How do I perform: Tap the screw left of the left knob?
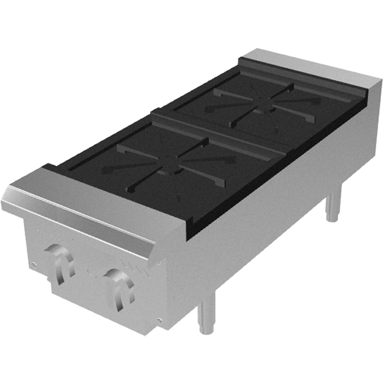click(34, 264)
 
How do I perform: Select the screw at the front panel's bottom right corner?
click(159, 320)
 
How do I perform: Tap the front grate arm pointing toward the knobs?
click(144, 184)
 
